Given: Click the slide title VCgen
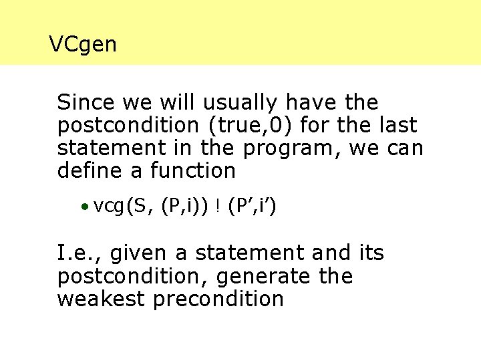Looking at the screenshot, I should click(x=83, y=45).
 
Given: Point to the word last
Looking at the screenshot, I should click(x=398, y=126).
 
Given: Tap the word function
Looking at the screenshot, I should click(x=192, y=170).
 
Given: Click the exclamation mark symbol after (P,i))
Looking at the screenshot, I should click(x=218, y=208).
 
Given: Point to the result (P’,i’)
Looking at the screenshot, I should click(x=252, y=207).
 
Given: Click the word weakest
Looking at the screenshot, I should click(x=101, y=299).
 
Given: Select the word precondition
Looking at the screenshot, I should click(x=218, y=299).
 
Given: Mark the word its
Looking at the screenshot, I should click(x=371, y=253).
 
